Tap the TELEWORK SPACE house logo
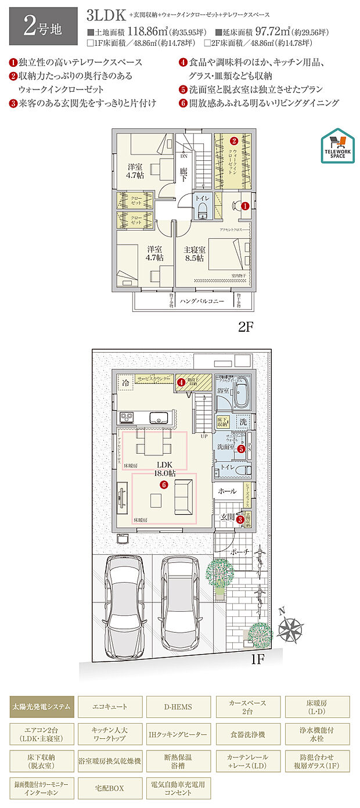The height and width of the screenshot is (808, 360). pyautogui.click(x=337, y=145)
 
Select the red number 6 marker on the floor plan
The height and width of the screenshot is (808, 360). pyautogui.click(x=164, y=484)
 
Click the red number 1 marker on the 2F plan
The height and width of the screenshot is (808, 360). pyautogui.click(x=244, y=206)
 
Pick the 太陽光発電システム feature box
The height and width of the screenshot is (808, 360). pyautogui.click(x=42, y=707)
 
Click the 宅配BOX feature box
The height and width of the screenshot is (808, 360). pyautogui.click(x=110, y=788)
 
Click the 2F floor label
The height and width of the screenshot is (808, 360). pyautogui.click(x=245, y=326)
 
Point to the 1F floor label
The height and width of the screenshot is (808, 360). pyautogui.click(x=258, y=659)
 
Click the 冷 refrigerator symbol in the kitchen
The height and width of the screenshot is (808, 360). pyautogui.click(x=126, y=383)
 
